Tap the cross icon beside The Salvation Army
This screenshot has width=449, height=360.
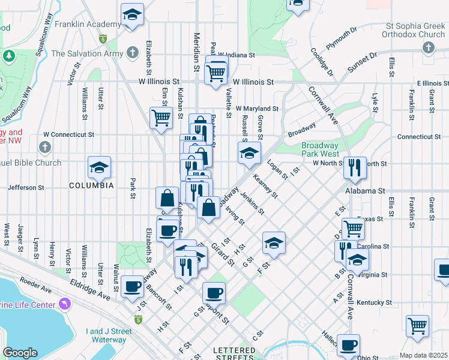pyautogui.click(x=133, y=53)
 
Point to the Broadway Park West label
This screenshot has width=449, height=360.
pyautogui.click(x=320, y=149)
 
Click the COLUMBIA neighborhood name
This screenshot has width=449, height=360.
pyautogui.click(x=90, y=185)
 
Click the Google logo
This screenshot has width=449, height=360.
pyautogui.click(x=20, y=353)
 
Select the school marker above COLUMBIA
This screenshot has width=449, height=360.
pyautogui.click(x=99, y=168)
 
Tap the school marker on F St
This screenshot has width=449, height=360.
pyautogui.click(x=274, y=243)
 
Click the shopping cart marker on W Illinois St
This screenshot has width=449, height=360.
pyautogui.click(x=215, y=74)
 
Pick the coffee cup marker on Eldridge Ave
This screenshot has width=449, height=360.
pyautogui.click(x=133, y=286)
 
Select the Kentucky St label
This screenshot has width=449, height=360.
pyautogui.click(x=375, y=303)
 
